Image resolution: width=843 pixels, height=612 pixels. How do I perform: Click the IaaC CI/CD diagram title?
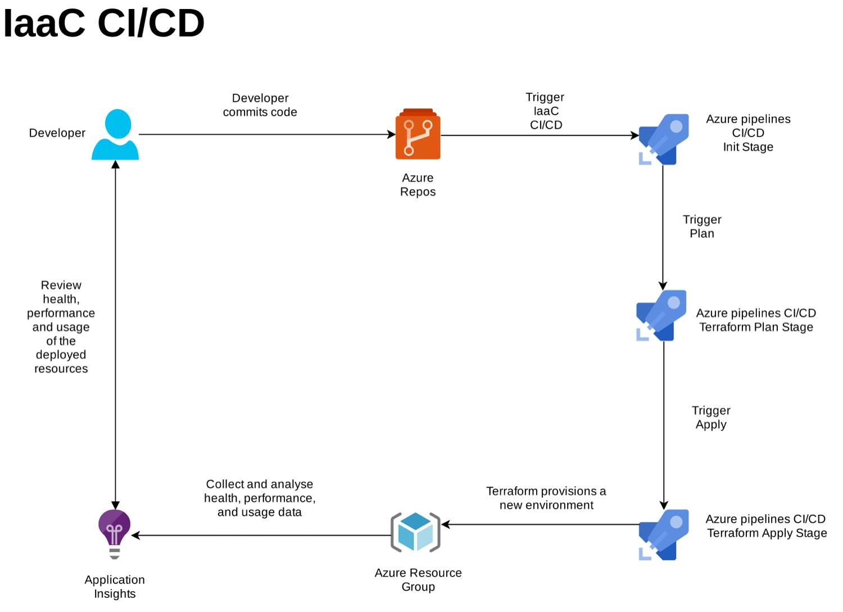(104, 24)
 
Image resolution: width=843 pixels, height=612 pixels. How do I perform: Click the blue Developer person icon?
(115, 135)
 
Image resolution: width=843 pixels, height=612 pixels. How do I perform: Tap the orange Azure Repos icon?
(418, 134)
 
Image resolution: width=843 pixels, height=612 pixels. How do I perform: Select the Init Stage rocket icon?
(663, 139)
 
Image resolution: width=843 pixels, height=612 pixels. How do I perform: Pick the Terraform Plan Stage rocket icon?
(661, 315)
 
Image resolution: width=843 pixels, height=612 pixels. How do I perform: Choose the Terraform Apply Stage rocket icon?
(664, 534)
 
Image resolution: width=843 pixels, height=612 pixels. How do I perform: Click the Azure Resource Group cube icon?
(415, 532)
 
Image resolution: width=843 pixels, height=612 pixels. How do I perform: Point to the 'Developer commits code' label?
(260, 105)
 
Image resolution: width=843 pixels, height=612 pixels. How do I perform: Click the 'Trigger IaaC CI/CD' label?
(546, 111)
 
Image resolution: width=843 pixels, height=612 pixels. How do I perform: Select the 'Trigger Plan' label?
(702, 226)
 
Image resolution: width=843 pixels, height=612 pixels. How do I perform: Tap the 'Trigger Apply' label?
(711, 418)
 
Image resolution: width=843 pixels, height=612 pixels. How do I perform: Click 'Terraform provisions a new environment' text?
(546, 498)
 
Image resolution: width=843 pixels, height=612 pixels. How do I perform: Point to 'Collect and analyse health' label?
(260, 498)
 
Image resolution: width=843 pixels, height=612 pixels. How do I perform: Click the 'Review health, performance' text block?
(61, 327)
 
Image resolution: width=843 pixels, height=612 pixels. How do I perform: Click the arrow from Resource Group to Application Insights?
(261, 535)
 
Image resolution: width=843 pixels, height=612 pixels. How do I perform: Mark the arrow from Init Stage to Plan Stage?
(663, 225)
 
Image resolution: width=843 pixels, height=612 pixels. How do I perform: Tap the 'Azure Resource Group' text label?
(418, 579)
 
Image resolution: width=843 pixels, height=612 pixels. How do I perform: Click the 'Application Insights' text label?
(115, 586)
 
